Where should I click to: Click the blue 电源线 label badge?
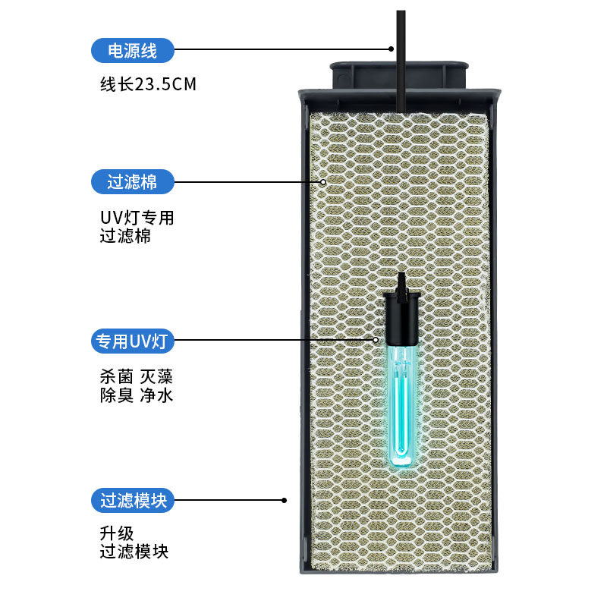132,51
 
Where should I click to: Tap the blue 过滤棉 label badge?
132,182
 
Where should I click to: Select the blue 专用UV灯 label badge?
132,341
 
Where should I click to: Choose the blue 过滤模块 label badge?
132,501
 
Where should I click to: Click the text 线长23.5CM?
148,84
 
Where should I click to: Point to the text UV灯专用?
137,219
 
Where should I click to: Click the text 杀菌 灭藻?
137,376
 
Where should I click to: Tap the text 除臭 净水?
137,395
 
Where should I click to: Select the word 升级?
117,534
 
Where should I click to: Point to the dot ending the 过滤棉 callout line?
323,182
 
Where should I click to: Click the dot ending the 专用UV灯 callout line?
376,341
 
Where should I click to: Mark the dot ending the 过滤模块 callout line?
285,501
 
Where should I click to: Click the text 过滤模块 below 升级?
134,552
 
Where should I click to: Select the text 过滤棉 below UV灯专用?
125,236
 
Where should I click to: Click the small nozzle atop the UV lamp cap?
401,282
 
